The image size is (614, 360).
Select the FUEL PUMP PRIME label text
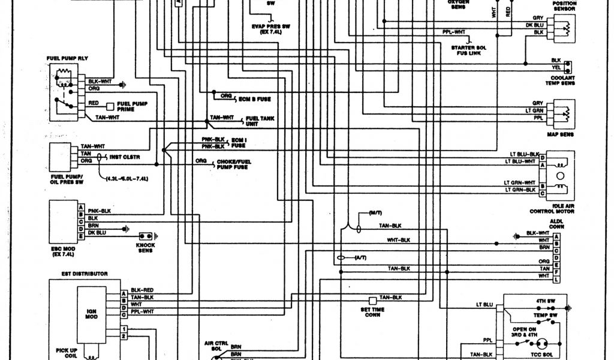(x=133, y=106)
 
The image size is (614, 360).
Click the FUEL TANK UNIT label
(x=260, y=121)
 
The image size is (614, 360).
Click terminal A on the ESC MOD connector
(x=80, y=207)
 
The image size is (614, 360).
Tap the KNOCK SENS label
(x=145, y=247)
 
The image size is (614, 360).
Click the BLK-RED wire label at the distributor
(x=142, y=290)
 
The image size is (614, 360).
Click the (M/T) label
(x=375, y=213)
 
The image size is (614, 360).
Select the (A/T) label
(x=360, y=257)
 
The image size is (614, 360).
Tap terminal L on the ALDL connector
(x=557, y=280)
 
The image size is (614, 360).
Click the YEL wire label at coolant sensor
(x=555, y=68)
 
